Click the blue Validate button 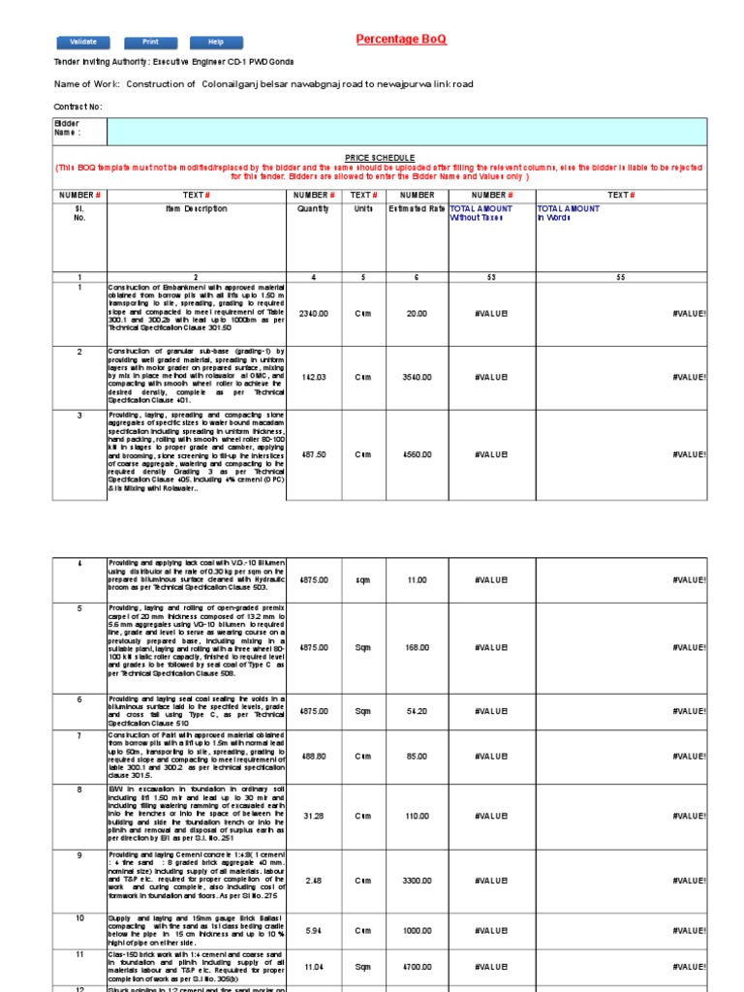(83, 43)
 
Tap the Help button (216, 43)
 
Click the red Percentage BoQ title (401, 39)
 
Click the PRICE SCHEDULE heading (380, 157)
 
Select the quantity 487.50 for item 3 (313, 454)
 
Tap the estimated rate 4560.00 (417, 454)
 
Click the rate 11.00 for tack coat (417, 579)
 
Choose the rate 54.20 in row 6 (417, 711)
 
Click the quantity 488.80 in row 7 (313, 757)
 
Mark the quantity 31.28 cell (313, 816)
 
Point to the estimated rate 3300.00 (417, 881)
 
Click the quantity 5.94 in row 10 (313, 930)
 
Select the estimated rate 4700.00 (417, 967)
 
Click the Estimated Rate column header (417, 208)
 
